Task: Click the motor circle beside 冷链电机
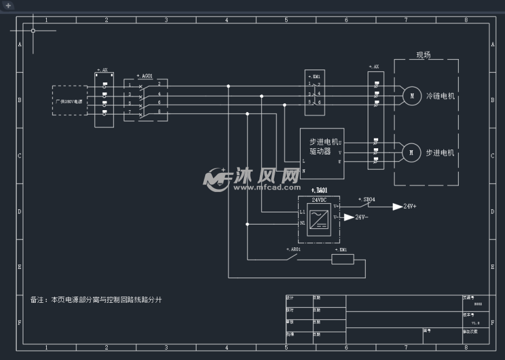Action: pos(410,96)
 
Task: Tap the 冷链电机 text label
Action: pos(440,96)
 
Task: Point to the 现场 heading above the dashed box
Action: pos(423,55)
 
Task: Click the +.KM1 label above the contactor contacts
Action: pos(314,76)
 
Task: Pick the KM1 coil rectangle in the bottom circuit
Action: pos(342,260)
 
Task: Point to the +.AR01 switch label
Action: pos(293,250)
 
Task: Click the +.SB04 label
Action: pos(366,199)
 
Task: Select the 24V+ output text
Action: pos(410,207)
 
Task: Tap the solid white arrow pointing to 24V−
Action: pos(349,217)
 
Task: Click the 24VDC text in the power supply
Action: pos(319,199)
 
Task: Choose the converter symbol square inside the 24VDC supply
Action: pos(318,218)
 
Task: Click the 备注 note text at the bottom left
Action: pos(96,300)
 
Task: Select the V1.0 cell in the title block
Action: pos(475,322)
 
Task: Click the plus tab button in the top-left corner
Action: pos(8,5)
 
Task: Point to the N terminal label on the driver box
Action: pos(304,170)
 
